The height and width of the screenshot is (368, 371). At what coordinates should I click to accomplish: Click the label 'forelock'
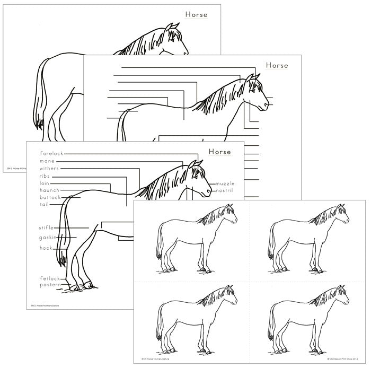tap(51, 153)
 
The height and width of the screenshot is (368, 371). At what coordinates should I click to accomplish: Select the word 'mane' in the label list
tap(47, 161)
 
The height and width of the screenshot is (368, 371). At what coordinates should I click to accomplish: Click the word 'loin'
tap(45, 183)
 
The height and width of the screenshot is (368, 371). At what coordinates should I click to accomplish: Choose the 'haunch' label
tap(49, 190)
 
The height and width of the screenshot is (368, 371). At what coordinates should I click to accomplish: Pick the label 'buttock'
tap(50, 197)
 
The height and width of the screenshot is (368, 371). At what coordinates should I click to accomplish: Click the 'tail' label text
tap(45, 204)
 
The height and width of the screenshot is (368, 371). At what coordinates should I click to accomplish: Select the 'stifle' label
tap(47, 227)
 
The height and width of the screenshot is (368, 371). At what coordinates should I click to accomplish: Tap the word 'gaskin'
tap(48, 237)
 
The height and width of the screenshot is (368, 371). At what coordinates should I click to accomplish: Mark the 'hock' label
tap(46, 248)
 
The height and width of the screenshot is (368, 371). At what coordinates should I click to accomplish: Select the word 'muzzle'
tap(224, 183)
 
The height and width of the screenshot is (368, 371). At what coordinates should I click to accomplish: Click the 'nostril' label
tap(225, 190)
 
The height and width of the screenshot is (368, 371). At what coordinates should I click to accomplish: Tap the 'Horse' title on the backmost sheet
tap(196, 14)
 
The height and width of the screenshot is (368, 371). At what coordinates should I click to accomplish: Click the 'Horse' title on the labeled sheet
tap(220, 152)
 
